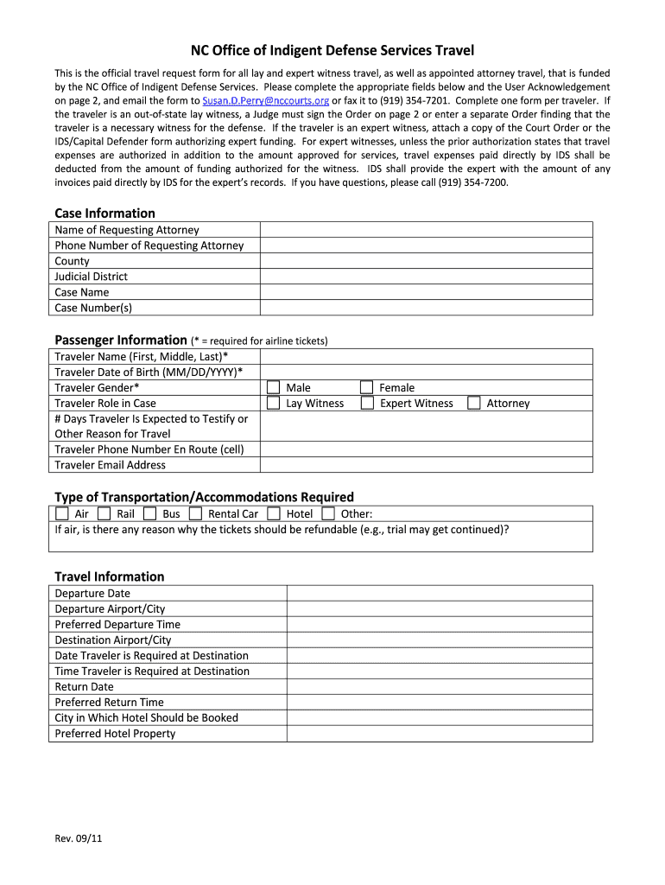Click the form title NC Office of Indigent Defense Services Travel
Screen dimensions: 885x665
tap(332, 51)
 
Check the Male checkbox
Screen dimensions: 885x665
tap(273, 388)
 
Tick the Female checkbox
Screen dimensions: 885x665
tap(366, 388)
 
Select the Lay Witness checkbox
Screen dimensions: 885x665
tap(273, 404)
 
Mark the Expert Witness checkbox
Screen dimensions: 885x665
tap(366, 404)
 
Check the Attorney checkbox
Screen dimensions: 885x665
tap(473, 404)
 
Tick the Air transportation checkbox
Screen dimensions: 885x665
tap(61, 513)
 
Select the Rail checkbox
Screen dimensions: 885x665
tap(104, 513)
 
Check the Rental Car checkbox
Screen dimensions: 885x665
tap(195, 513)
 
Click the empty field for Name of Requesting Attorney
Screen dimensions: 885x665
tap(426, 230)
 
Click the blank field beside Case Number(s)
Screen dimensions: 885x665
tap(426, 308)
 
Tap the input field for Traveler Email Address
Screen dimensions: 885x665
tap(426, 465)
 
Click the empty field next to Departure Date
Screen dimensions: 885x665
tap(439, 594)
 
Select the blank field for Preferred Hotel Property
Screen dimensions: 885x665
tap(439, 734)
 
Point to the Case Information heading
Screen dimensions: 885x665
tap(104, 213)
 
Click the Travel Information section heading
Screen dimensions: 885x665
tap(109, 576)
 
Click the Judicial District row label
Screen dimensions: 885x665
tap(91, 277)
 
